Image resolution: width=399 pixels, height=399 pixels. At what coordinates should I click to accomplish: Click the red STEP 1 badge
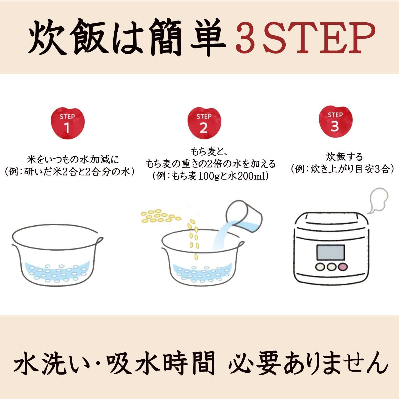coord(67,123)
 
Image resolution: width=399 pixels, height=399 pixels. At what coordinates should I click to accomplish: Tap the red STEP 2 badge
coord(204,123)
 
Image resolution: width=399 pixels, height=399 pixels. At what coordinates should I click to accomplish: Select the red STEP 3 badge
coord(335,122)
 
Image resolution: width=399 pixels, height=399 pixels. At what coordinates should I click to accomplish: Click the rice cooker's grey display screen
coord(330,253)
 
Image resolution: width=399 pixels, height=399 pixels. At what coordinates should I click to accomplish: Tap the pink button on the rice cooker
coord(343,267)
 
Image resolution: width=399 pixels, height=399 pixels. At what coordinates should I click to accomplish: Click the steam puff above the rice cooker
coord(376,200)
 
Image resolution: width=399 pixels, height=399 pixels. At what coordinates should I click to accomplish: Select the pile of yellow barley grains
coord(161,216)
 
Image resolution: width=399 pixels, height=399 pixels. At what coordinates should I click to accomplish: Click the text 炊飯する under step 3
coord(344,157)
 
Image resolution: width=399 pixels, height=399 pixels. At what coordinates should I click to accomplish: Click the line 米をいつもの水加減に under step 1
coord(73,160)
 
